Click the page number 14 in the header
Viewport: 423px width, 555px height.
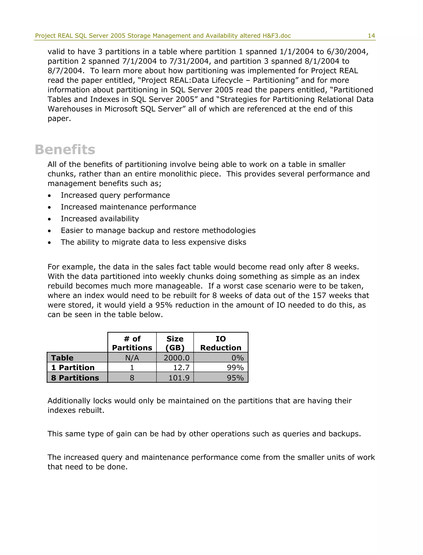371,36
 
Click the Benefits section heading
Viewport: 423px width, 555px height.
65,150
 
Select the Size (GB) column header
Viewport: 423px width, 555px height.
175,343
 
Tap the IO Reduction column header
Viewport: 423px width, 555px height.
221,343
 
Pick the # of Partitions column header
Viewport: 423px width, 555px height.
132,343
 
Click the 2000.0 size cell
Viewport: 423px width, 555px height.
177,358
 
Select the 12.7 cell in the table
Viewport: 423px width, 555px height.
181,368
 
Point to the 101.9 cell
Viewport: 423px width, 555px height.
179,378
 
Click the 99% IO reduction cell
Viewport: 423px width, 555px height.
235,368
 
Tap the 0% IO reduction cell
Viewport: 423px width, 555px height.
238,358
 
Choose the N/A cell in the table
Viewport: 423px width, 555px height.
132,358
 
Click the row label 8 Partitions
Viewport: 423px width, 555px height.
75,378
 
